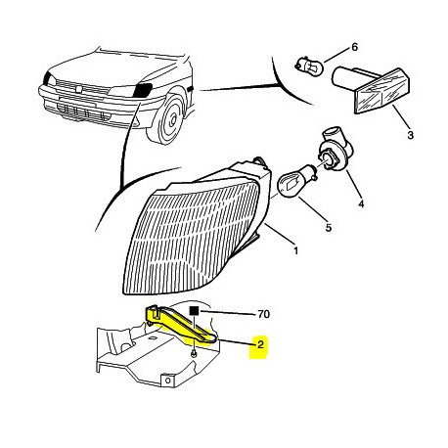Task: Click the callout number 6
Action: coord(354,47)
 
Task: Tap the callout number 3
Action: coord(410,134)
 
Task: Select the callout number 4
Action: coord(361,204)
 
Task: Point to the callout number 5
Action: coord(329,228)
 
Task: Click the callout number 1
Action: coord(295,250)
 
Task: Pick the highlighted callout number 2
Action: coord(260,344)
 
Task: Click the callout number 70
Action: coord(263,314)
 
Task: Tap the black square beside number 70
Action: coord(195,311)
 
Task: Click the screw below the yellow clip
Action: coord(194,353)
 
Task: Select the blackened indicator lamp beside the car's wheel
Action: coord(142,90)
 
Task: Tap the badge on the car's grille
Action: coord(80,87)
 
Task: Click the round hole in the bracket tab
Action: coord(168,381)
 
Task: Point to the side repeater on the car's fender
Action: coord(191,88)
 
